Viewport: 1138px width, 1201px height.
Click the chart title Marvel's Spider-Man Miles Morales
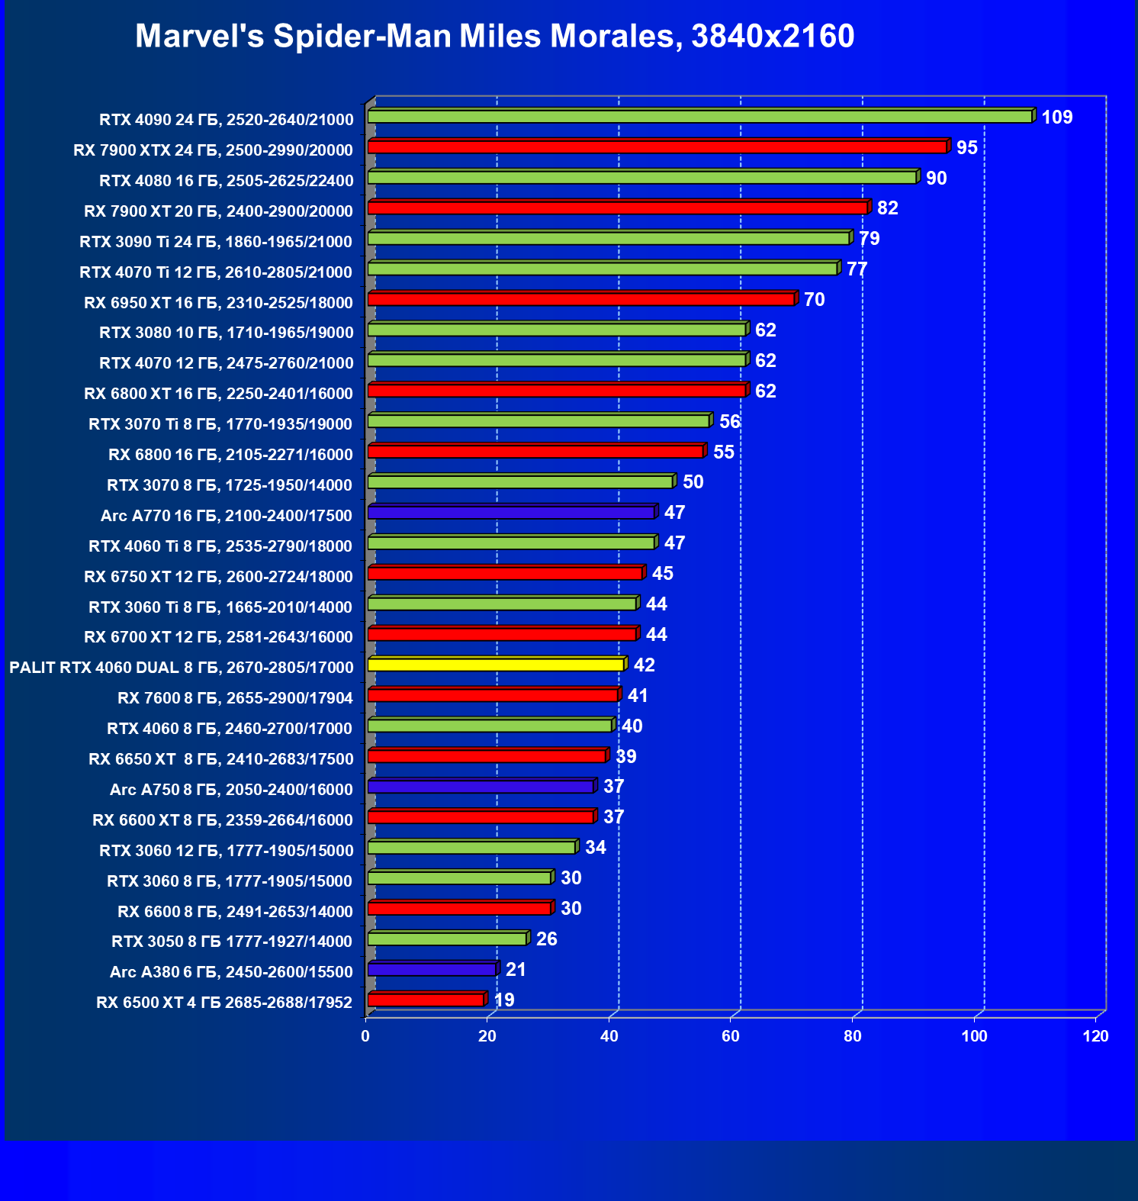tap(494, 36)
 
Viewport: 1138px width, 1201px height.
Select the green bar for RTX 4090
tap(699, 116)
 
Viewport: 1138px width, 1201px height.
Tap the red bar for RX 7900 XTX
tap(657, 147)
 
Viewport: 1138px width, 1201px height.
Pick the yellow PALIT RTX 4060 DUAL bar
tap(496, 665)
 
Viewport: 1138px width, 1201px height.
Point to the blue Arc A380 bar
tap(432, 970)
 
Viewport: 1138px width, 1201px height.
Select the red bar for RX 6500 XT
tap(426, 1000)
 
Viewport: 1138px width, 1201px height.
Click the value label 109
tap(1056, 118)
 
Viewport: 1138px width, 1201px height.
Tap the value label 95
tap(966, 148)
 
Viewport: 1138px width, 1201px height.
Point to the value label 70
tap(814, 300)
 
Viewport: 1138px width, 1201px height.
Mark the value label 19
tap(504, 1000)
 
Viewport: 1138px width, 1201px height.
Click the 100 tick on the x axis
tap(974, 1036)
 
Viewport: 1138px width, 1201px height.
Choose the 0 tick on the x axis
tap(365, 1036)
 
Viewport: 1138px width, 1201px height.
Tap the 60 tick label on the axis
tap(731, 1036)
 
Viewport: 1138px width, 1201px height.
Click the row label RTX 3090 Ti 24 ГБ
tap(216, 242)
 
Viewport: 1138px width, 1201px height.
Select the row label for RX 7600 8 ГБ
tap(235, 698)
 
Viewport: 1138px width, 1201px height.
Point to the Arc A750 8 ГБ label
tap(231, 790)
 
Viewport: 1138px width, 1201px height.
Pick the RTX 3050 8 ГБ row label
tap(232, 942)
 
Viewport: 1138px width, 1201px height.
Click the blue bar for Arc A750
tap(481, 787)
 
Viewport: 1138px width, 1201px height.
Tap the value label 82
tap(887, 208)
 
